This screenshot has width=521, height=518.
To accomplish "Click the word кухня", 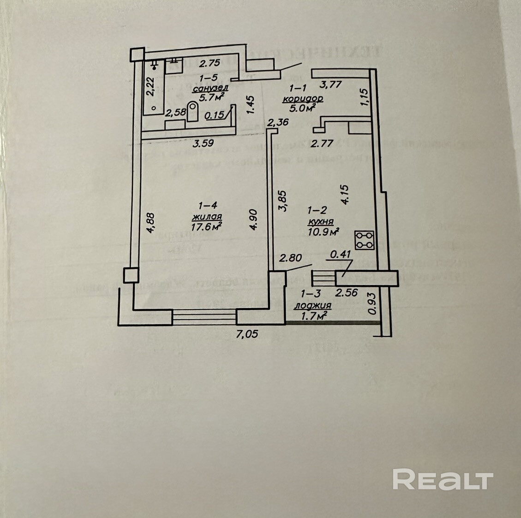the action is tap(323, 221).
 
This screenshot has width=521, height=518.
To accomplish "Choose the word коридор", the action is tap(303, 98).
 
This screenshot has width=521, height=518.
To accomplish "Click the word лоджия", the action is tap(313, 305).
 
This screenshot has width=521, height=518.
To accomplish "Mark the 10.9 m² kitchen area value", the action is tap(323, 231).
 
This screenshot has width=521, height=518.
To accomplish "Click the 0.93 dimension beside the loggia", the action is tap(370, 305).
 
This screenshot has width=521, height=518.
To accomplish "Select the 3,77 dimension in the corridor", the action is tap(330, 85).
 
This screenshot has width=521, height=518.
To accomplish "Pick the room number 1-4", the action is tap(208, 205).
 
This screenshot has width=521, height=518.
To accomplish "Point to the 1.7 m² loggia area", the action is tap(314, 316).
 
